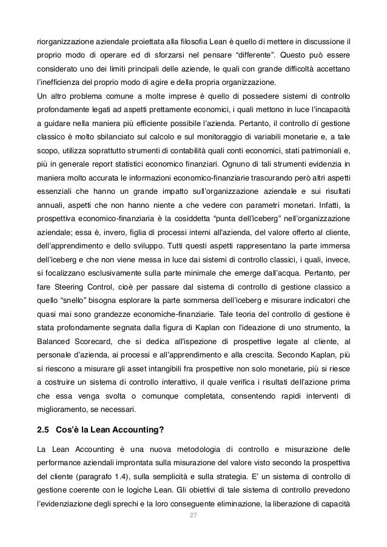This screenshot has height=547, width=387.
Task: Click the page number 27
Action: [193, 515]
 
